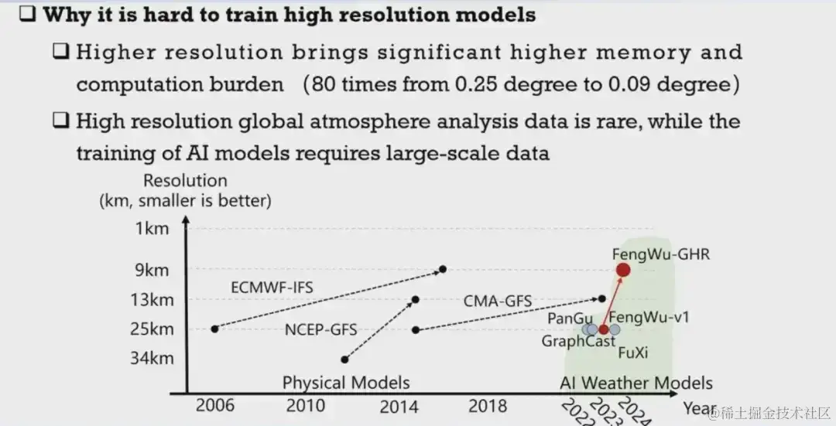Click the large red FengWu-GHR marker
pyautogui.click(x=622, y=270)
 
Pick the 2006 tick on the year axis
pyautogui.click(x=214, y=406)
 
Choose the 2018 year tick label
pyautogui.click(x=487, y=406)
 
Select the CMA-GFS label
pyautogui.click(x=499, y=300)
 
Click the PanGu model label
pyautogui.click(x=570, y=317)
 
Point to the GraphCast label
pyautogui.click(x=578, y=341)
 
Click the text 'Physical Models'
pyautogui.click(x=345, y=383)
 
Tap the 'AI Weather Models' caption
pyautogui.click(x=636, y=383)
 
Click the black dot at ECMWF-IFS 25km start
pyautogui.click(x=214, y=329)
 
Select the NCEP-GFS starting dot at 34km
pyautogui.click(x=344, y=360)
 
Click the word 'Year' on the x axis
pyautogui.click(x=698, y=407)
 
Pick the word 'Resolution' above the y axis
pyautogui.click(x=185, y=181)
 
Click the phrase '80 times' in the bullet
pyautogui.click(x=348, y=83)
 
